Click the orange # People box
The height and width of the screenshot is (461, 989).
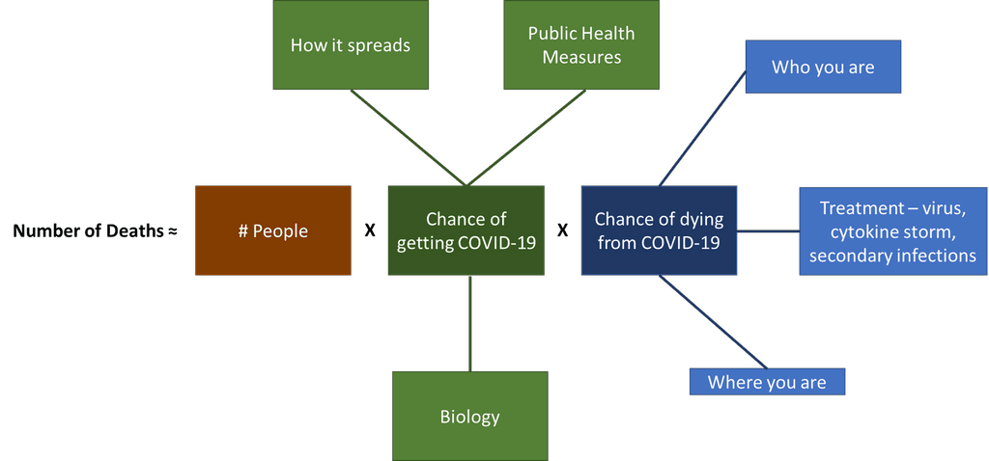pos(273,230)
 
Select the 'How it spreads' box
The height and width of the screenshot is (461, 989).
pos(351,45)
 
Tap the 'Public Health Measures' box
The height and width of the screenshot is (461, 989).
pos(581,45)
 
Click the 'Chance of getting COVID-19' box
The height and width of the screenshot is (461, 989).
pos(466,231)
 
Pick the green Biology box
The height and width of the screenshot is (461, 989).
pos(469,417)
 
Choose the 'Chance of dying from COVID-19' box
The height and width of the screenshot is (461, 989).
pos(660,231)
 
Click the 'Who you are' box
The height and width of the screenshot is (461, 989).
pos(823,68)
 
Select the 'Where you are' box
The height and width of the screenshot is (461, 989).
pos(767,382)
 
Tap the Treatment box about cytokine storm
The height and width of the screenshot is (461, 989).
pos(892,231)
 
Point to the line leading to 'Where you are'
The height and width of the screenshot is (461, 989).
pos(713,321)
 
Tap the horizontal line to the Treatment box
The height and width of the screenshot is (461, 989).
pos(769,231)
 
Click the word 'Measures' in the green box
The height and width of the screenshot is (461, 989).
pos(581,57)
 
